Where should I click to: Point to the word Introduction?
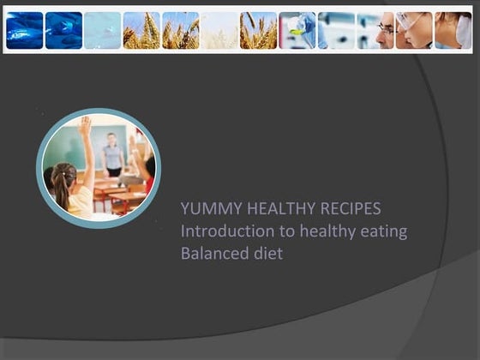[x=223, y=231]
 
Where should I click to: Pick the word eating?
[x=384, y=231]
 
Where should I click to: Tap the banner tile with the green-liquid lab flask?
[x=297, y=30]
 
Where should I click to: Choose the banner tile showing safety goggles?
[x=414, y=30]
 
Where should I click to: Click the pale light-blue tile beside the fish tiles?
[x=103, y=30]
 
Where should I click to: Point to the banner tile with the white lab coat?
[x=453, y=30]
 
